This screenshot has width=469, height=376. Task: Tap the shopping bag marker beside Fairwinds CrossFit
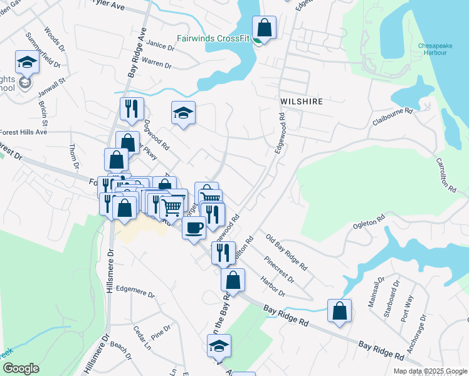(265, 28)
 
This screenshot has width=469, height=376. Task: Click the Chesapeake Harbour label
(433, 49)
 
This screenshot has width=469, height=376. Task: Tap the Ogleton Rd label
(369, 223)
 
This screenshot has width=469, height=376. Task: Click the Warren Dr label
(157, 63)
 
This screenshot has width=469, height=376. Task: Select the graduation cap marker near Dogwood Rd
(183, 113)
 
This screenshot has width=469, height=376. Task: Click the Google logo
(21, 368)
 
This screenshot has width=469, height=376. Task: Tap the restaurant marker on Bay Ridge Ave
(132, 108)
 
